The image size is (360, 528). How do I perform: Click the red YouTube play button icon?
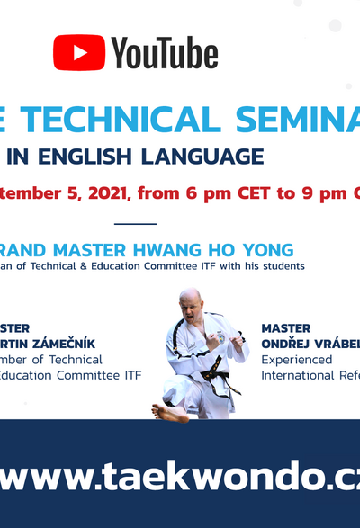[78, 53]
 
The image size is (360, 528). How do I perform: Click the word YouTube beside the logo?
[165, 54]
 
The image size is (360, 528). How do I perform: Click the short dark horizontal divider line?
[136, 224]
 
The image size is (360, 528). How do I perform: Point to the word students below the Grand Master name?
[282, 266]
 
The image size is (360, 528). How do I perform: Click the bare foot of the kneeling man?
[166, 412]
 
